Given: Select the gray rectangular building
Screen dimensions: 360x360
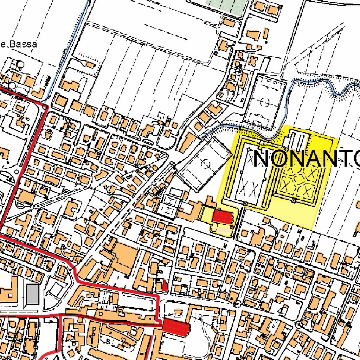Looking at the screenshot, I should pos(33,294).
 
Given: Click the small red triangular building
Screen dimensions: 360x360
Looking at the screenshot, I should pos(165,285).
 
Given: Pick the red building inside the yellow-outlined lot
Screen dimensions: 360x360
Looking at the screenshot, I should pos(223,217).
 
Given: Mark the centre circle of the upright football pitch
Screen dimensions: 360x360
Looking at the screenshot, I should pos(265,103).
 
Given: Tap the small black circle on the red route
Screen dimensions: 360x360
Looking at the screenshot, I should pos(45,107).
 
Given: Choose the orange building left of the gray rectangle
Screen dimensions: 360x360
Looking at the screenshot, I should pos(11,290).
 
